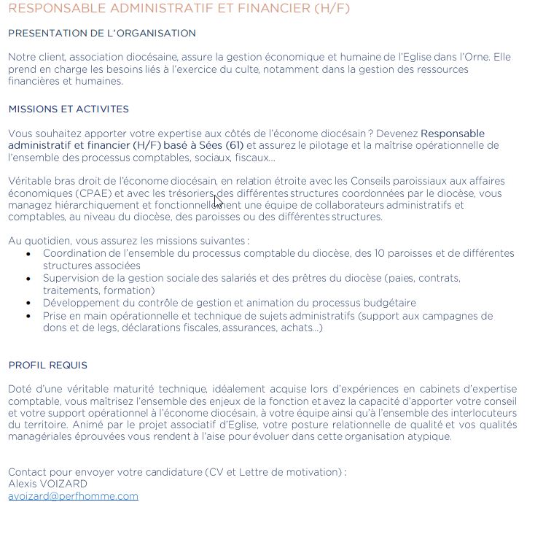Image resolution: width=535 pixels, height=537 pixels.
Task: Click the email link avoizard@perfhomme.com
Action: click(x=73, y=496)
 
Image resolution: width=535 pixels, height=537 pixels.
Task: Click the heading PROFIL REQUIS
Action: click(x=47, y=365)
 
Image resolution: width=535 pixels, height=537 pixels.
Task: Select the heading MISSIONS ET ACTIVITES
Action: click(x=69, y=109)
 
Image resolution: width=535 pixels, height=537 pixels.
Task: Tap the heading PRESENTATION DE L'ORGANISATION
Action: click(x=102, y=33)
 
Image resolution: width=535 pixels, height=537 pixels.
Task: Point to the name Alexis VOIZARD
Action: click(x=47, y=484)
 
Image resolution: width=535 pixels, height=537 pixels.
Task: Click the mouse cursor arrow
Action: click(x=218, y=201)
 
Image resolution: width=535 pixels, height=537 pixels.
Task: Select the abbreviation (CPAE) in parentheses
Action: click(x=95, y=193)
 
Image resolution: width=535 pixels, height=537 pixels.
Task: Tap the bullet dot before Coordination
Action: click(x=28, y=254)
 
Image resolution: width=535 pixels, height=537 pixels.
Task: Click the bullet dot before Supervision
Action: click(x=28, y=279)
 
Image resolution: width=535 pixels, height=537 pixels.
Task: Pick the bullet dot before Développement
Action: click(x=28, y=303)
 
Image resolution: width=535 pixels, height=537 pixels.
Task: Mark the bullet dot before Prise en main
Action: click(x=28, y=316)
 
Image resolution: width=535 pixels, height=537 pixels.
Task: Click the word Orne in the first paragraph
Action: click(x=476, y=57)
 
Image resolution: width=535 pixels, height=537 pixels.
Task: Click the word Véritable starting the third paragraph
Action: click(x=31, y=181)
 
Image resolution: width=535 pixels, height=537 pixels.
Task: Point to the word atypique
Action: click(x=430, y=437)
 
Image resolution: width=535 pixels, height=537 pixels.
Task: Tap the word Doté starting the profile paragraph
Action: click(x=20, y=389)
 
